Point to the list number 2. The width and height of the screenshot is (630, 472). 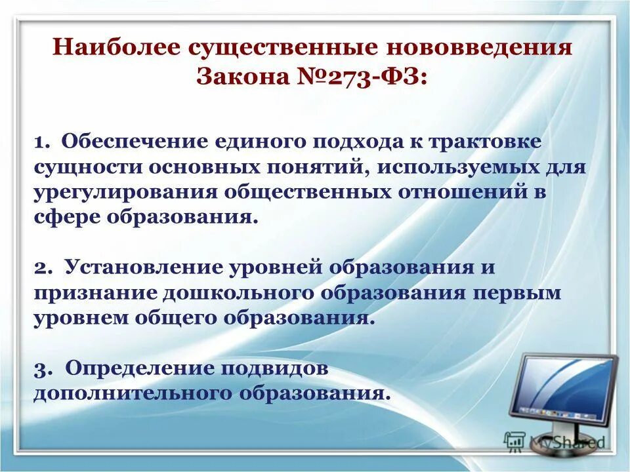(41, 268)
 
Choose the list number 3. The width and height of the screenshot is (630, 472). (41, 369)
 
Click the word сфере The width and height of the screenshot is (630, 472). (62, 217)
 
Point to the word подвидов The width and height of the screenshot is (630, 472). (275, 368)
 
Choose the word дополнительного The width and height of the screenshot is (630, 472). (132, 393)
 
